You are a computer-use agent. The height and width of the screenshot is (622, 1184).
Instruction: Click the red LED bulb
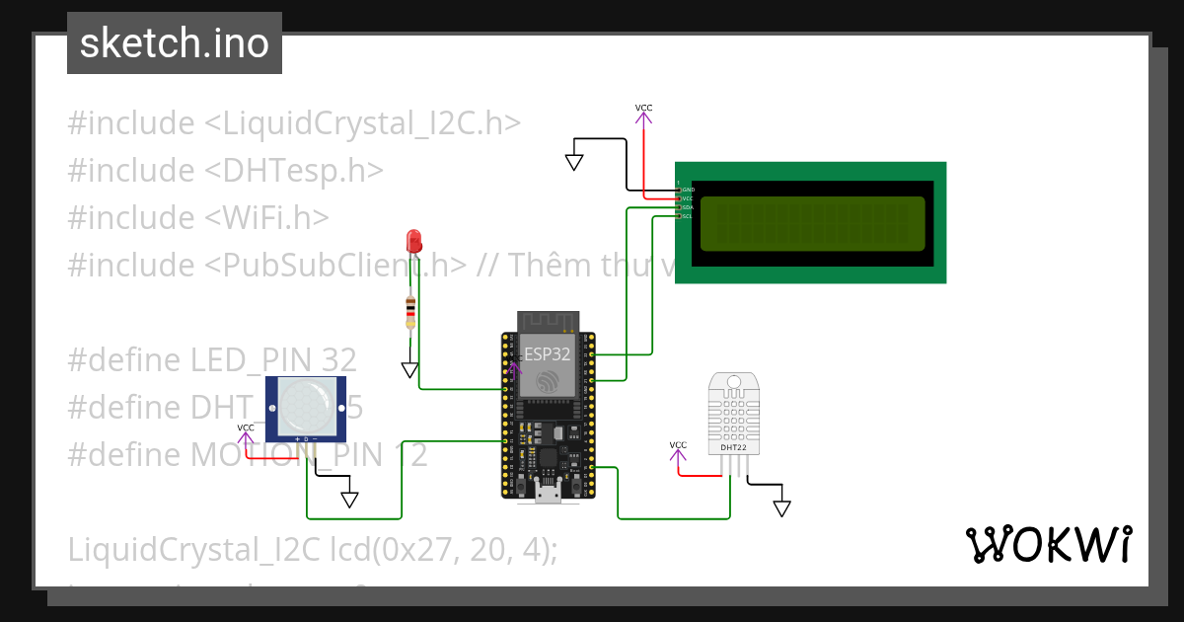(x=413, y=240)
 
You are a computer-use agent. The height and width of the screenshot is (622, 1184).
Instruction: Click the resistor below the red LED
(x=410, y=313)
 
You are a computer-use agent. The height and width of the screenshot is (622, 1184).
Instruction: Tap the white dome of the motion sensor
(x=305, y=404)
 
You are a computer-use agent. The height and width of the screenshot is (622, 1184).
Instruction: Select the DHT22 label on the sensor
(x=732, y=447)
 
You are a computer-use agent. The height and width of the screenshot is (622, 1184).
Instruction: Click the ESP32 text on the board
(x=547, y=353)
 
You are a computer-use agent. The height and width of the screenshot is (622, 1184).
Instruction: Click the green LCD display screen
(x=812, y=224)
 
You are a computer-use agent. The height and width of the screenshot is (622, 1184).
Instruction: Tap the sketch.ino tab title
(x=175, y=43)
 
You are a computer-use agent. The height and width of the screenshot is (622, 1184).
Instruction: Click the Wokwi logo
(x=1048, y=544)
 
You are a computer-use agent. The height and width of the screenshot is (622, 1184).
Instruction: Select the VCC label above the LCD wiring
(x=643, y=108)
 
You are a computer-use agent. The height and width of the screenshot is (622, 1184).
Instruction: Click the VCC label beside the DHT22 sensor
(x=678, y=445)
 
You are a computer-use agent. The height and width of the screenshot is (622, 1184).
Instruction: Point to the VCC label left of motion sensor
(x=245, y=428)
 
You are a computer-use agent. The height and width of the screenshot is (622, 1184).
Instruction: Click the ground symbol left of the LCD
(x=574, y=162)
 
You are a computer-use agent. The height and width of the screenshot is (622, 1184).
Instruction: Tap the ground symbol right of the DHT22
(x=781, y=508)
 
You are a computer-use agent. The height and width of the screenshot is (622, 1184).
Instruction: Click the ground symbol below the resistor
(x=409, y=370)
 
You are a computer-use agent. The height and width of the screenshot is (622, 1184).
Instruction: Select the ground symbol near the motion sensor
(x=349, y=500)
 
